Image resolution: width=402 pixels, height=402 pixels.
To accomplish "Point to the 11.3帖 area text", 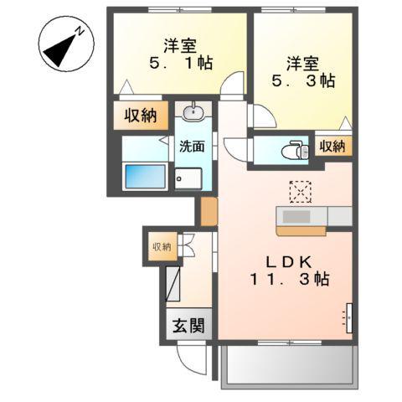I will (x=285, y=279).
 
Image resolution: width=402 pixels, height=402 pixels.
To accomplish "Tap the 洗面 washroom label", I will (x=192, y=146).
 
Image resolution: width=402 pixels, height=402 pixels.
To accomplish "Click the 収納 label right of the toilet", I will (x=332, y=146).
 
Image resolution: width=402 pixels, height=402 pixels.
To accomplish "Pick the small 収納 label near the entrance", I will (x=161, y=245).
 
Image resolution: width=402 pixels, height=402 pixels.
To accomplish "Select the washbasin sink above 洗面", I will (x=192, y=112).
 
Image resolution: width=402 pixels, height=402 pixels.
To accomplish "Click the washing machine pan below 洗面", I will (x=189, y=178).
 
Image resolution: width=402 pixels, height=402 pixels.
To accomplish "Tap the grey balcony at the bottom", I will (x=289, y=366).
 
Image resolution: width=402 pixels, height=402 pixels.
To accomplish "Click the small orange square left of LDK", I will (x=207, y=212).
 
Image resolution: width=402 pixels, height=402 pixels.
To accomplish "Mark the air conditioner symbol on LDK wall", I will (x=348, y=317).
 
